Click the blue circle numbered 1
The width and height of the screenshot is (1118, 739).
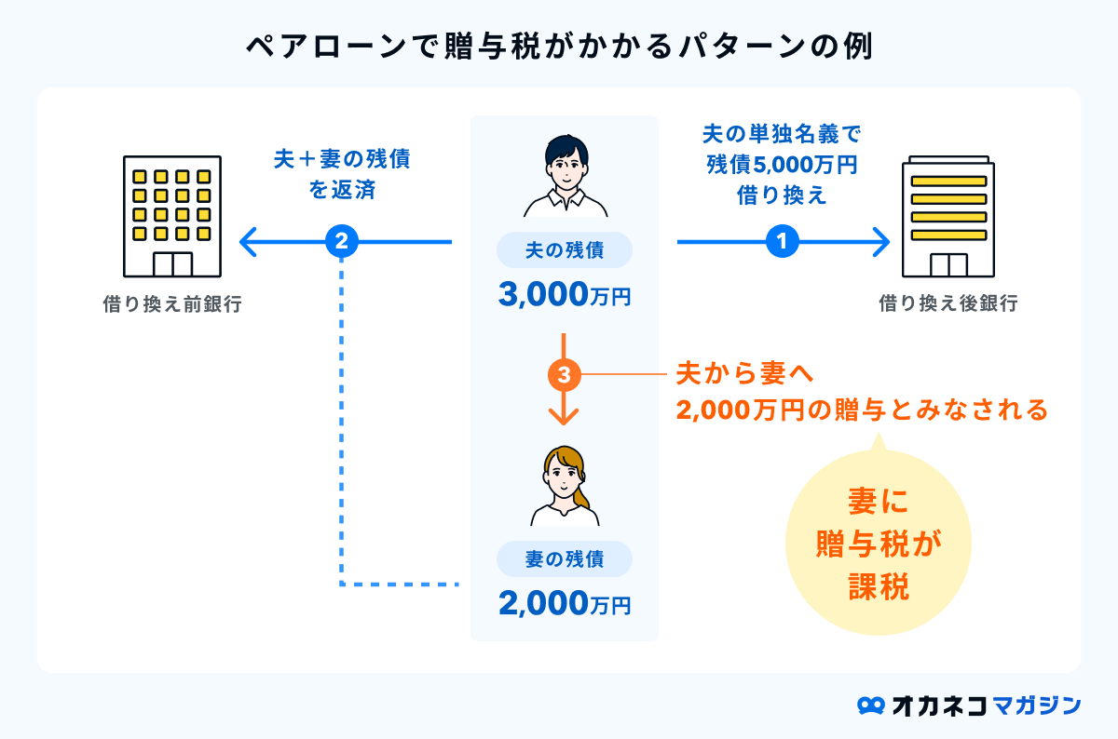pos(783,243)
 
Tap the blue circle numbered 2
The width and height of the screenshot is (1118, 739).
pos(342,243)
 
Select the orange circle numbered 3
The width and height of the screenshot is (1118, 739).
pos(565,375)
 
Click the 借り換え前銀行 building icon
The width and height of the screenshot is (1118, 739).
pos(172,216)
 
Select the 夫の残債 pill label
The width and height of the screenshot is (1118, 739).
pos(565,250)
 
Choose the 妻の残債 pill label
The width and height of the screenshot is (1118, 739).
pos(565,559)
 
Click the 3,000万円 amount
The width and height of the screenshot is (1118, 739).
pos(565,295)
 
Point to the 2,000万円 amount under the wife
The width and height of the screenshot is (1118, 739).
pos(565,604)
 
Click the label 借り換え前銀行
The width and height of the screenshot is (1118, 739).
pos(172,304)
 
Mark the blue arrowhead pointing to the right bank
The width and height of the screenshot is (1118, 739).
pos(881,243)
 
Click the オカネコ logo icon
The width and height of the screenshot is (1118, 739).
pos(870,705)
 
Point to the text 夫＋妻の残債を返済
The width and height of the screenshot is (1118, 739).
pos(342,174)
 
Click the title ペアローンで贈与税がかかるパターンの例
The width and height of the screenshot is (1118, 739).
pos(559,47)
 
